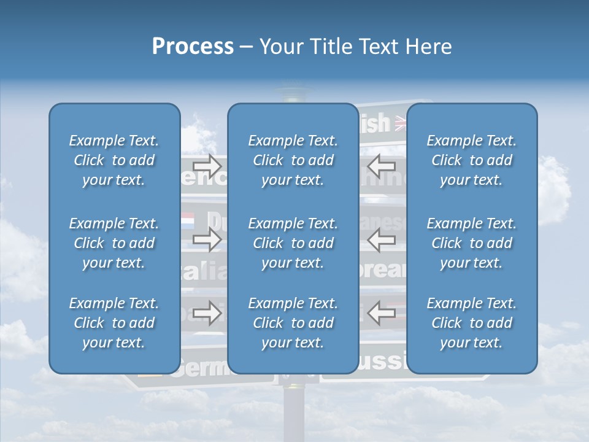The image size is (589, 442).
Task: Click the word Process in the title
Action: point(193,47)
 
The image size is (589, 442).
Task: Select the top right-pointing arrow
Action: point(207,165)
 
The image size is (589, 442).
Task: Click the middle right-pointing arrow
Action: point(207,240)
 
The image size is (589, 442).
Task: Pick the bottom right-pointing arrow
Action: point(207,312)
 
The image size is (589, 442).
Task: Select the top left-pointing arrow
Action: point(382,165)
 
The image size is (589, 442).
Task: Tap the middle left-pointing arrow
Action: point(382,240)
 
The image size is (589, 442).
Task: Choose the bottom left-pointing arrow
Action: point(382,312)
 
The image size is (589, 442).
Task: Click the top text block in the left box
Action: point(114,160)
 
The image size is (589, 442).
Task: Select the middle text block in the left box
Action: point(114,243)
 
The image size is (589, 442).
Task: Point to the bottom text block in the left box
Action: point(114,323)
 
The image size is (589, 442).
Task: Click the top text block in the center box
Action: point(293,160)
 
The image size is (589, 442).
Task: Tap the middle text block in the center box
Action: point(293,243)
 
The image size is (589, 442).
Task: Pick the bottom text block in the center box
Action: point(293,323)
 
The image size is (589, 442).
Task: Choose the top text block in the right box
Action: point(471,160)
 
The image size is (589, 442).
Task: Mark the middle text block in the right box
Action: point(471,243)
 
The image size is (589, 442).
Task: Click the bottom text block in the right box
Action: point(471,323)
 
